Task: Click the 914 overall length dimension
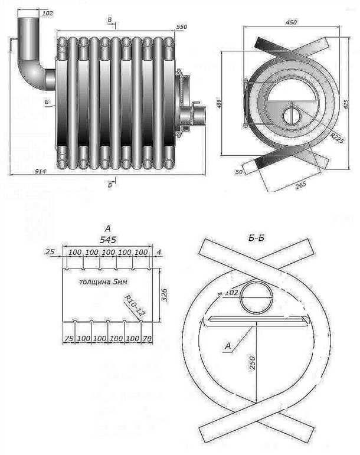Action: (24, 171)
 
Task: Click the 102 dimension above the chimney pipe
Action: (48, 12)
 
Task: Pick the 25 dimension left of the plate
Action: (50, 252)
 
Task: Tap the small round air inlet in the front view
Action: (292, 115)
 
